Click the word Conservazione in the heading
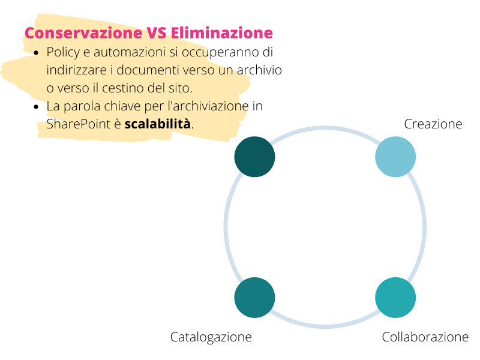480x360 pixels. coord(83,33)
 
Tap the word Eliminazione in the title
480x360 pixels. coord(221,33)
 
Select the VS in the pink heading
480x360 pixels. coord(157,33)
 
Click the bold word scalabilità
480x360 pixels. coord(157,124)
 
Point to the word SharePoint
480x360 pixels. coord(78,124)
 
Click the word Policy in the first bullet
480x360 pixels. coord(63,53)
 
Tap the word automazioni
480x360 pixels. coord(130,52)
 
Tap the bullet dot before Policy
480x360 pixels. coord(37,53)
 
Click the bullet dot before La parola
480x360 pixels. coord(37,107)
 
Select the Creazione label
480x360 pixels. coord(433,124)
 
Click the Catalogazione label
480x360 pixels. coord(211,337)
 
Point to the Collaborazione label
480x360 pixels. coord(425,337)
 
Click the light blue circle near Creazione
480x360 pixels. coord(395,157)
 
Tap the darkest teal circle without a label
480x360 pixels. coord(254,157)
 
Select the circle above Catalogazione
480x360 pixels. coord(254,298)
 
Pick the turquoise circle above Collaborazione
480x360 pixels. coord(395,298)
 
